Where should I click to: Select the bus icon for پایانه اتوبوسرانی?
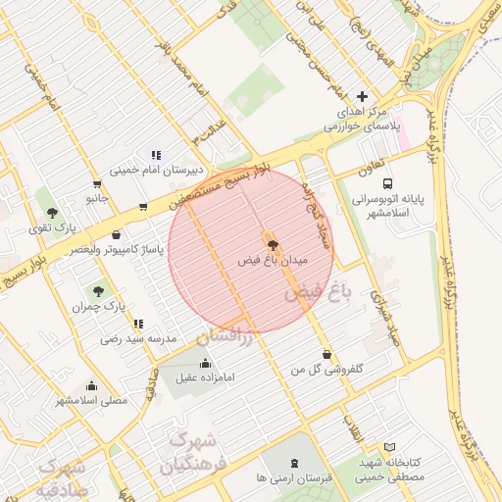[388, 183]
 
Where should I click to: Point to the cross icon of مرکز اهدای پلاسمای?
[363, 96]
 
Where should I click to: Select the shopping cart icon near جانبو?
[96, 183]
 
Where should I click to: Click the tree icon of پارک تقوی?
[52, 212]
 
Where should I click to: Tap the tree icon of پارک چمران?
[97, 291]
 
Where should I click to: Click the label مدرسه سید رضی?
[137, 338]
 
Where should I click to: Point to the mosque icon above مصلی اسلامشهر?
[91, 385]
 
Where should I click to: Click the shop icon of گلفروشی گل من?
[326, 354]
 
